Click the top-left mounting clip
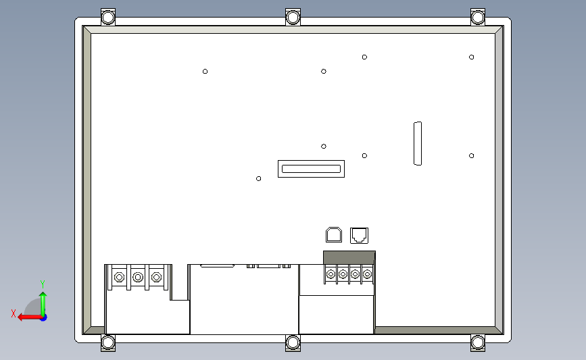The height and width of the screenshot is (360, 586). click(x=108, y=17)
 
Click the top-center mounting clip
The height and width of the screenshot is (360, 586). click(x=293, y=17)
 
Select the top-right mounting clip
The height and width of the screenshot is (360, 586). click(x=478, y=17)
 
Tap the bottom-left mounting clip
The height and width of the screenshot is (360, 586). click(x=108, y=343)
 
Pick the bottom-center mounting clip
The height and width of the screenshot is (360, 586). click(x=293, y=343)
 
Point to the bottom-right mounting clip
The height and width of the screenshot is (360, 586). click(x=478, y=343)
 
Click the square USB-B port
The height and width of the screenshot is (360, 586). click(x=334, y=234)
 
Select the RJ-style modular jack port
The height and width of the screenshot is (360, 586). click(x=360, y=235)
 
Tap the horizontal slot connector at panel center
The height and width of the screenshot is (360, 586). click(x=311, y=169)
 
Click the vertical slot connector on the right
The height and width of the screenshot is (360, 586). click(x=418, y=143)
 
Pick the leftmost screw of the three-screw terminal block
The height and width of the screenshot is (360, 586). click(x=119, y=277)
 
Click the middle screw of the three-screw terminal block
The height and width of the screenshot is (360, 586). click(x=138, y=277)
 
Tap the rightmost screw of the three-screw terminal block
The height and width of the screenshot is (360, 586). click(x=157, y=277)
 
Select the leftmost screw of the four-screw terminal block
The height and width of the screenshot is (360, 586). click(x=331, y=274)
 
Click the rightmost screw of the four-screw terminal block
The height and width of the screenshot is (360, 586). click(x=367, y=274)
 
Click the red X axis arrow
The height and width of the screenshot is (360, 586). click(x=24, y=316)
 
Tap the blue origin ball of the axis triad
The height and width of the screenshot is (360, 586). click(x=43, y=316)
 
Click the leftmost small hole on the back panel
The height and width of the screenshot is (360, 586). click(x=205, y=72)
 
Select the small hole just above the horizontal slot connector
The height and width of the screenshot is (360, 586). click(x=324, y=146)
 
